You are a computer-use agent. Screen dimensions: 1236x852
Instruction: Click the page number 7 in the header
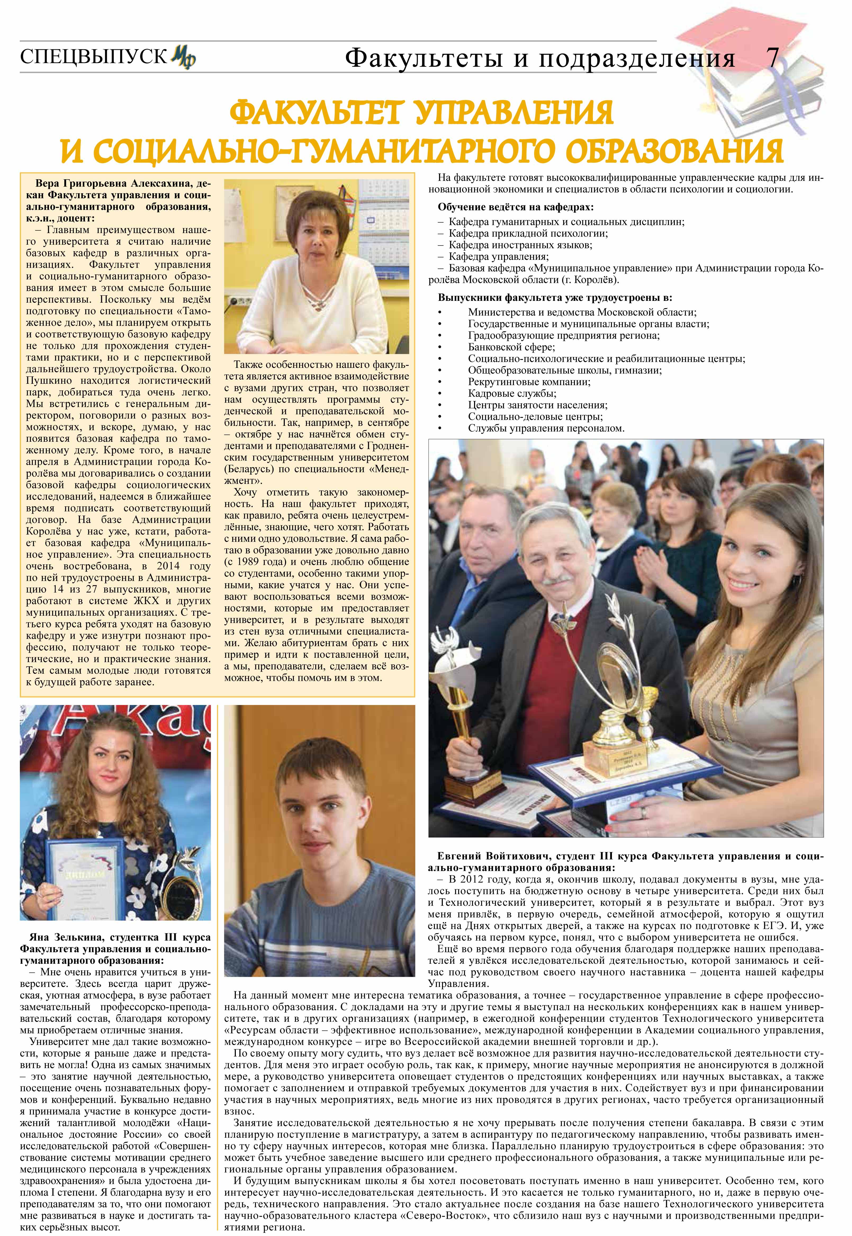772,57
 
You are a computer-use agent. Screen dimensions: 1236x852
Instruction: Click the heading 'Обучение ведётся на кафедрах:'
515,207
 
